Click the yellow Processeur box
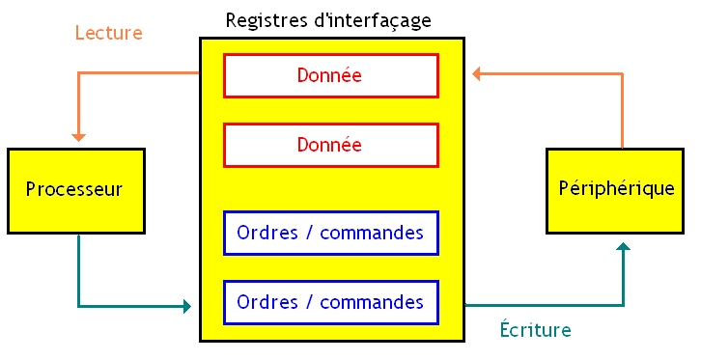[x=75, y=190]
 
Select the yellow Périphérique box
[x=615, y=190]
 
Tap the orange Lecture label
[x=108, y=33]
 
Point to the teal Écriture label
[x=535, y=330]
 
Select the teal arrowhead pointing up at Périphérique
[x=623, y=248]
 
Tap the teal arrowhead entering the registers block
[x=186, y=307]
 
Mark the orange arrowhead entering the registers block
[x=478, y=74]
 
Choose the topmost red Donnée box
[x=330, y=75]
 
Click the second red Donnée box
[x=330, y=145]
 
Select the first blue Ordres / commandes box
[x=330, y=233]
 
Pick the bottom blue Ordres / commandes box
[x=330, y=302]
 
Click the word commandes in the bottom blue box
[x=371, y=302]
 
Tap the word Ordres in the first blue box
[x=266, y=233]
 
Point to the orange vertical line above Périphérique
[x=623, y=111]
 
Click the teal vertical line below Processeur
[x=79, y=270]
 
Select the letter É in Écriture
[x=505, y=329]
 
